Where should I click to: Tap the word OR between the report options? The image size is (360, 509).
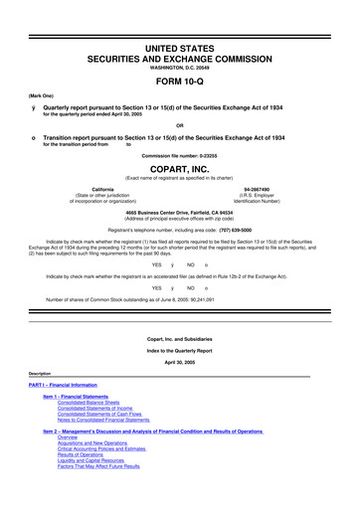tap(180, 124)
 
